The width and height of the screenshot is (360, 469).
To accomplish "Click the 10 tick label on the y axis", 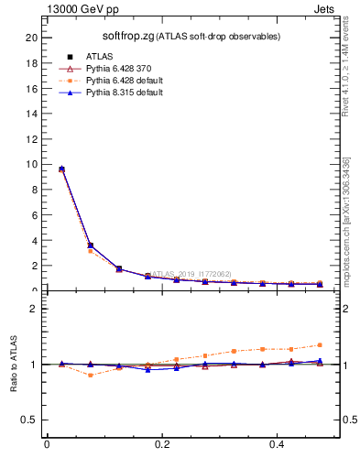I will tap(31, 165).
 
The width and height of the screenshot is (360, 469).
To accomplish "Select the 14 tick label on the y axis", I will tap(31, 114).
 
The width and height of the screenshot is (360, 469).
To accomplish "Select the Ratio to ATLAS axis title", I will tap(14, 363).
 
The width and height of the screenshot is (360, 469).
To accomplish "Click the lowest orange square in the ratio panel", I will tap(90, 375).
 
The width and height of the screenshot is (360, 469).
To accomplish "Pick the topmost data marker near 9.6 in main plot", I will tap(61, 169).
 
